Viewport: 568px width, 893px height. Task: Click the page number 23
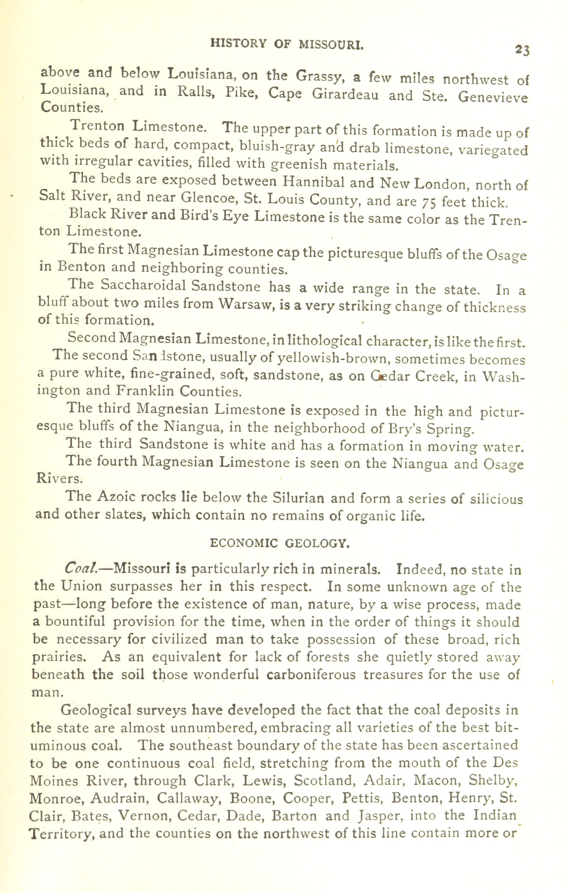click(522, 50)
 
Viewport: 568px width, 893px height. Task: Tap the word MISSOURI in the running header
click(331, 44)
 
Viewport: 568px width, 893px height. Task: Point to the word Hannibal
click(314, 182)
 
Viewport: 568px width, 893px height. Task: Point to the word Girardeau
click(345, 95)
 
